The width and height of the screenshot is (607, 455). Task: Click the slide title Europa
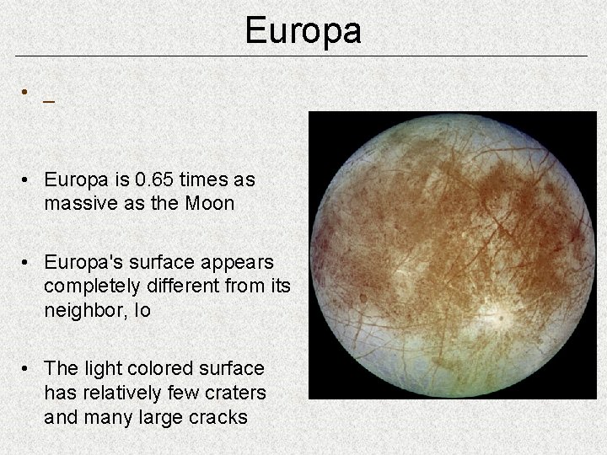pyautogui.click(x=303, y=31)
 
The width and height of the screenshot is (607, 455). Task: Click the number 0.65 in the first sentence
pyautogui.click(x=156, y=179)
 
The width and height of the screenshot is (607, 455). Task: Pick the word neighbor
pyautogui.click(x=83, y=309)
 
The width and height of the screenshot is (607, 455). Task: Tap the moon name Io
pyautogui.click(x=140, y=309)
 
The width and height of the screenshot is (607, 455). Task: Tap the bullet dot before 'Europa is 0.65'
pyautogui.click(x=28, y=180)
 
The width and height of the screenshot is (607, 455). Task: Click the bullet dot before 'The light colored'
pyautogui.click(x=28, y=369)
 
